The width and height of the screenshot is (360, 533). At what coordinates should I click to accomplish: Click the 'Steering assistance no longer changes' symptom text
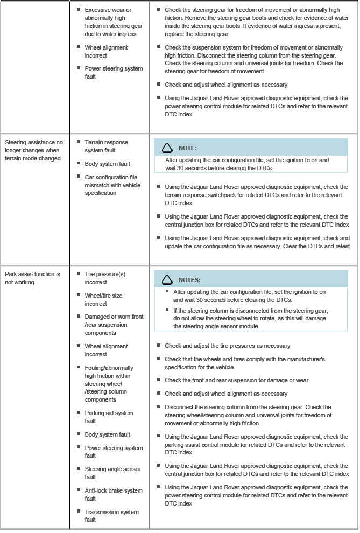[x=34, y=150]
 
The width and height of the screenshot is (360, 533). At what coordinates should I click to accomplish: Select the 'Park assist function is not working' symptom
[x=32, y=278]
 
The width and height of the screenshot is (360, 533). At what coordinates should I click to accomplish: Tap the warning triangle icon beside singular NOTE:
[x=167, y=148]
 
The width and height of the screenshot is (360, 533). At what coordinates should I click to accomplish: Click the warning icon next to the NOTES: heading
[x=167, y=280]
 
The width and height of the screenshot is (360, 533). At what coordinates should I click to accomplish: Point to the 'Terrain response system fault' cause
[x=107, y=146]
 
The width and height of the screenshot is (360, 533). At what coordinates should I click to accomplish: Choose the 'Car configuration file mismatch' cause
[x=112, y=185]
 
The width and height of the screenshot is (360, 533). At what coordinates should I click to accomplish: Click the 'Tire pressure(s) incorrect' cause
[x=105, y=278]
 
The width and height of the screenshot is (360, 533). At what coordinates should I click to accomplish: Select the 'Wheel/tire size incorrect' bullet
[x=103, y=299]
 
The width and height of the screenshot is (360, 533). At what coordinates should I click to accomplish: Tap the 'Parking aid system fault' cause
[x=109, y=417]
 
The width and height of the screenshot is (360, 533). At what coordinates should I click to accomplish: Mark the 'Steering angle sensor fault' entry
[x=112, y=473]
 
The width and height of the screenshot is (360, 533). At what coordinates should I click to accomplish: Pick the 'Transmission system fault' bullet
[x=111, y=516]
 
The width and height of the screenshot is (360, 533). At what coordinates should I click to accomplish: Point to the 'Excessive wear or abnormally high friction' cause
[x=113, y=22]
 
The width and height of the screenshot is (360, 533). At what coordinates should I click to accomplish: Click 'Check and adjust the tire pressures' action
[x=227, y=346]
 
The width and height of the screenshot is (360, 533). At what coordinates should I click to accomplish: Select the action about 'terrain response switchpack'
[x=256, y=195]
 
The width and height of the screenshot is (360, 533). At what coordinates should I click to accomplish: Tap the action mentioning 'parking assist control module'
[x=256, y=445]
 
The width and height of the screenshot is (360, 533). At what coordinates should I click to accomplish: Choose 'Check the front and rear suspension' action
[x=236, y=380]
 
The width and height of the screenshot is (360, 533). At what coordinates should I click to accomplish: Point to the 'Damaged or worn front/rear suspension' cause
[x=114, y=325]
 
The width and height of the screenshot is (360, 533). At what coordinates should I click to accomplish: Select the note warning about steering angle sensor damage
[x=250, y=318]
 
